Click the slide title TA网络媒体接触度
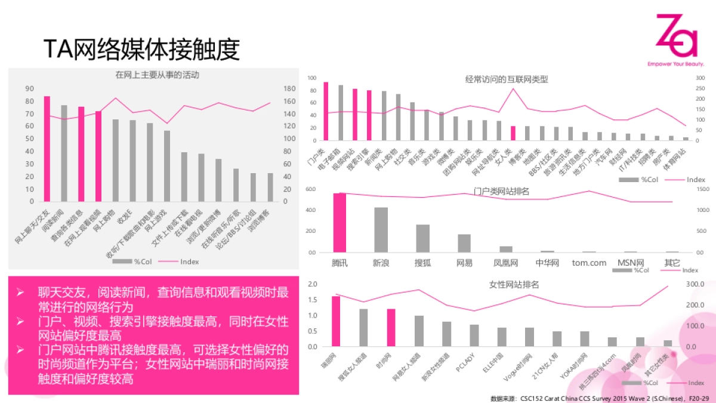point(141,50)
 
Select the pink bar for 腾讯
point(340,222)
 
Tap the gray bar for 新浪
point(381,230)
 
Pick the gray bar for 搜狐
point(422,238)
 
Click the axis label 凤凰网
point(505,263)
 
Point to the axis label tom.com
point(588,263)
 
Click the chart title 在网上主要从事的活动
point(157,75)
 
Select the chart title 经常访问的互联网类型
point(507,79)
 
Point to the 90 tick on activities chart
point(29,88)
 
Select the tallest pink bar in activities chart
point(47,149)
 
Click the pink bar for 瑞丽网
point(336,321)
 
